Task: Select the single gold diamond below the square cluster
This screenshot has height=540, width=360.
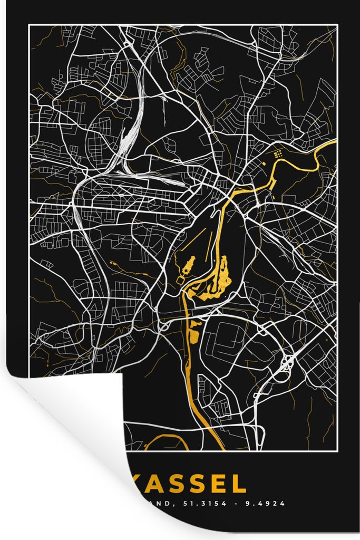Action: point(262,165)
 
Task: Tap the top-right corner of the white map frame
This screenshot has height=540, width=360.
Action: point(336,25)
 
